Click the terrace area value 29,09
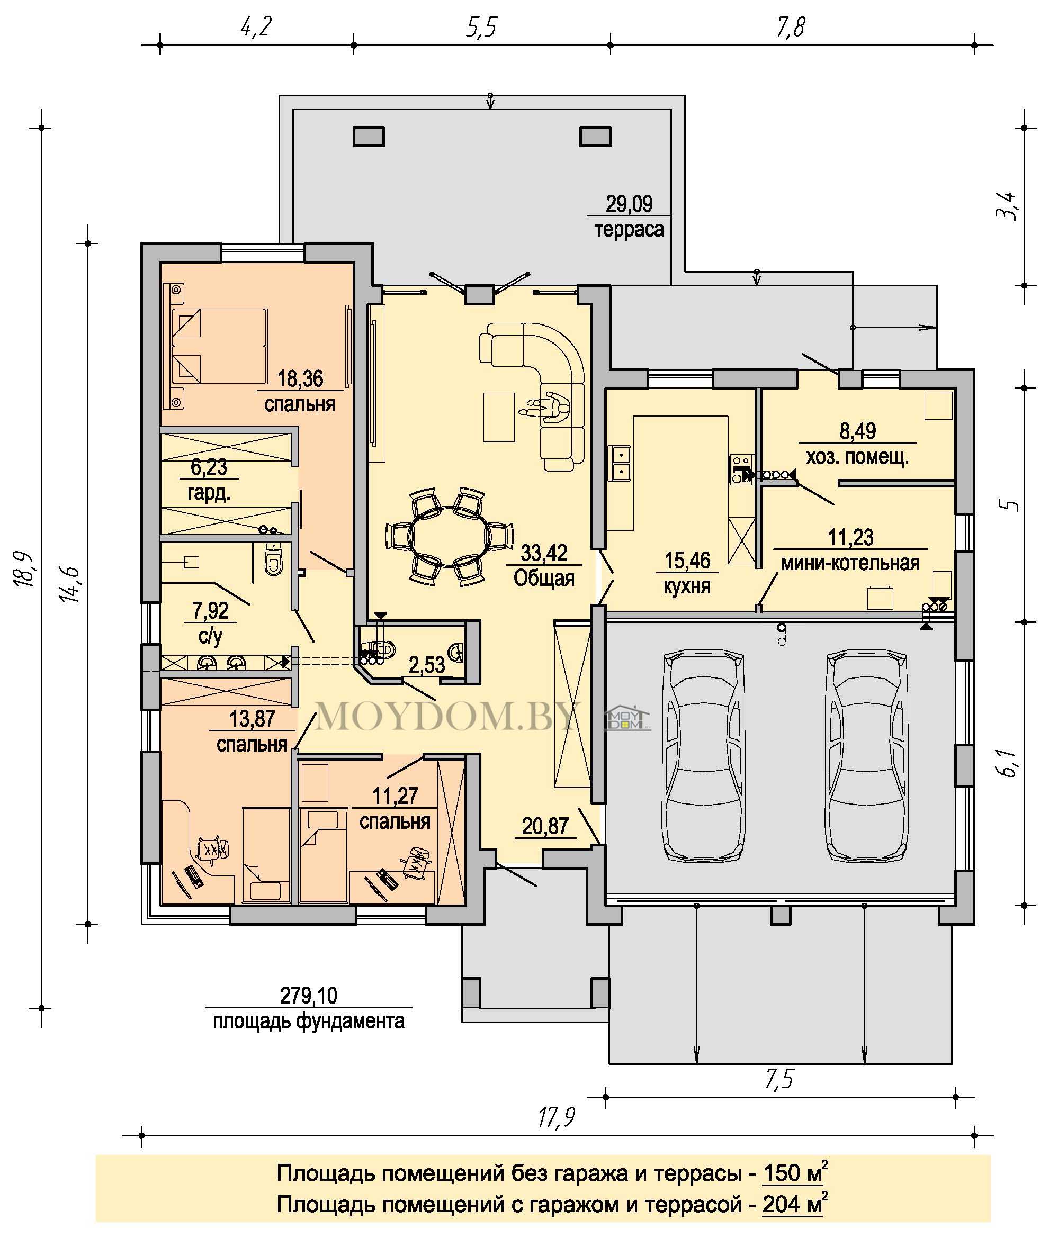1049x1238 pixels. click(629, 204)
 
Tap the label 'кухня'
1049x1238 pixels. click(687, 586)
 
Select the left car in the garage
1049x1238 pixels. click(704, 755)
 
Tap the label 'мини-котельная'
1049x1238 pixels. click(850, 562)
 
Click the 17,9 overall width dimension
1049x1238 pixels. click(557, 1117)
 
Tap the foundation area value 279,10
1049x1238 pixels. click(309, 995)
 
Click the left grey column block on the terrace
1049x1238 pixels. click(369, 137)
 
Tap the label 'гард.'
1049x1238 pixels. click(209, 493)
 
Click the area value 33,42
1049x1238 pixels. click(544, 553)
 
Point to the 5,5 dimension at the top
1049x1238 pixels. click(481, 28)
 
